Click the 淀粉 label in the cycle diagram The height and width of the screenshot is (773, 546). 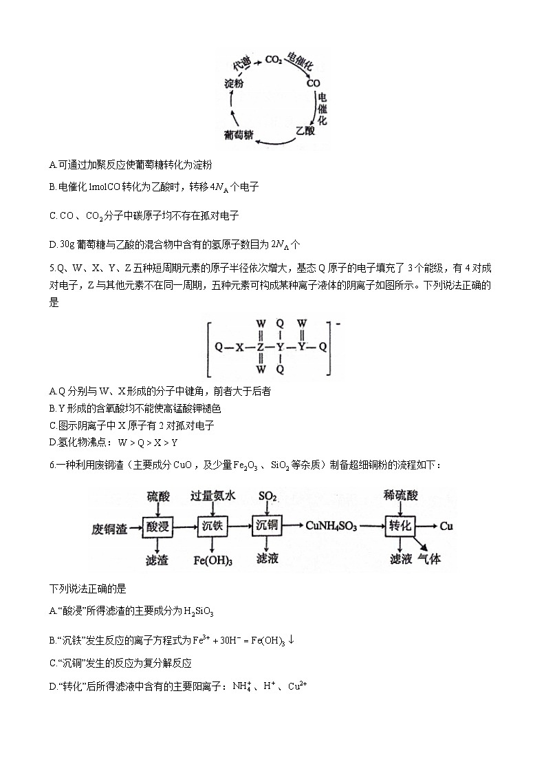(x=234, y=83)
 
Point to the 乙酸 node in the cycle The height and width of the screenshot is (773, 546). (x=305, y=130)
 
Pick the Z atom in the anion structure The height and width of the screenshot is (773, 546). (x=261, y=347)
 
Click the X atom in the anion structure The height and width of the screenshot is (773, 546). (x=240, y=347)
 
